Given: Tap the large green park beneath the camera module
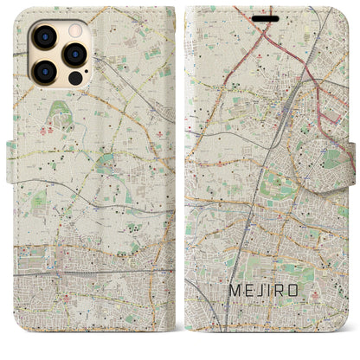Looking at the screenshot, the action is coord(58,112).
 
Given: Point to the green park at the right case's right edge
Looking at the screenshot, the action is coord(331,158).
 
